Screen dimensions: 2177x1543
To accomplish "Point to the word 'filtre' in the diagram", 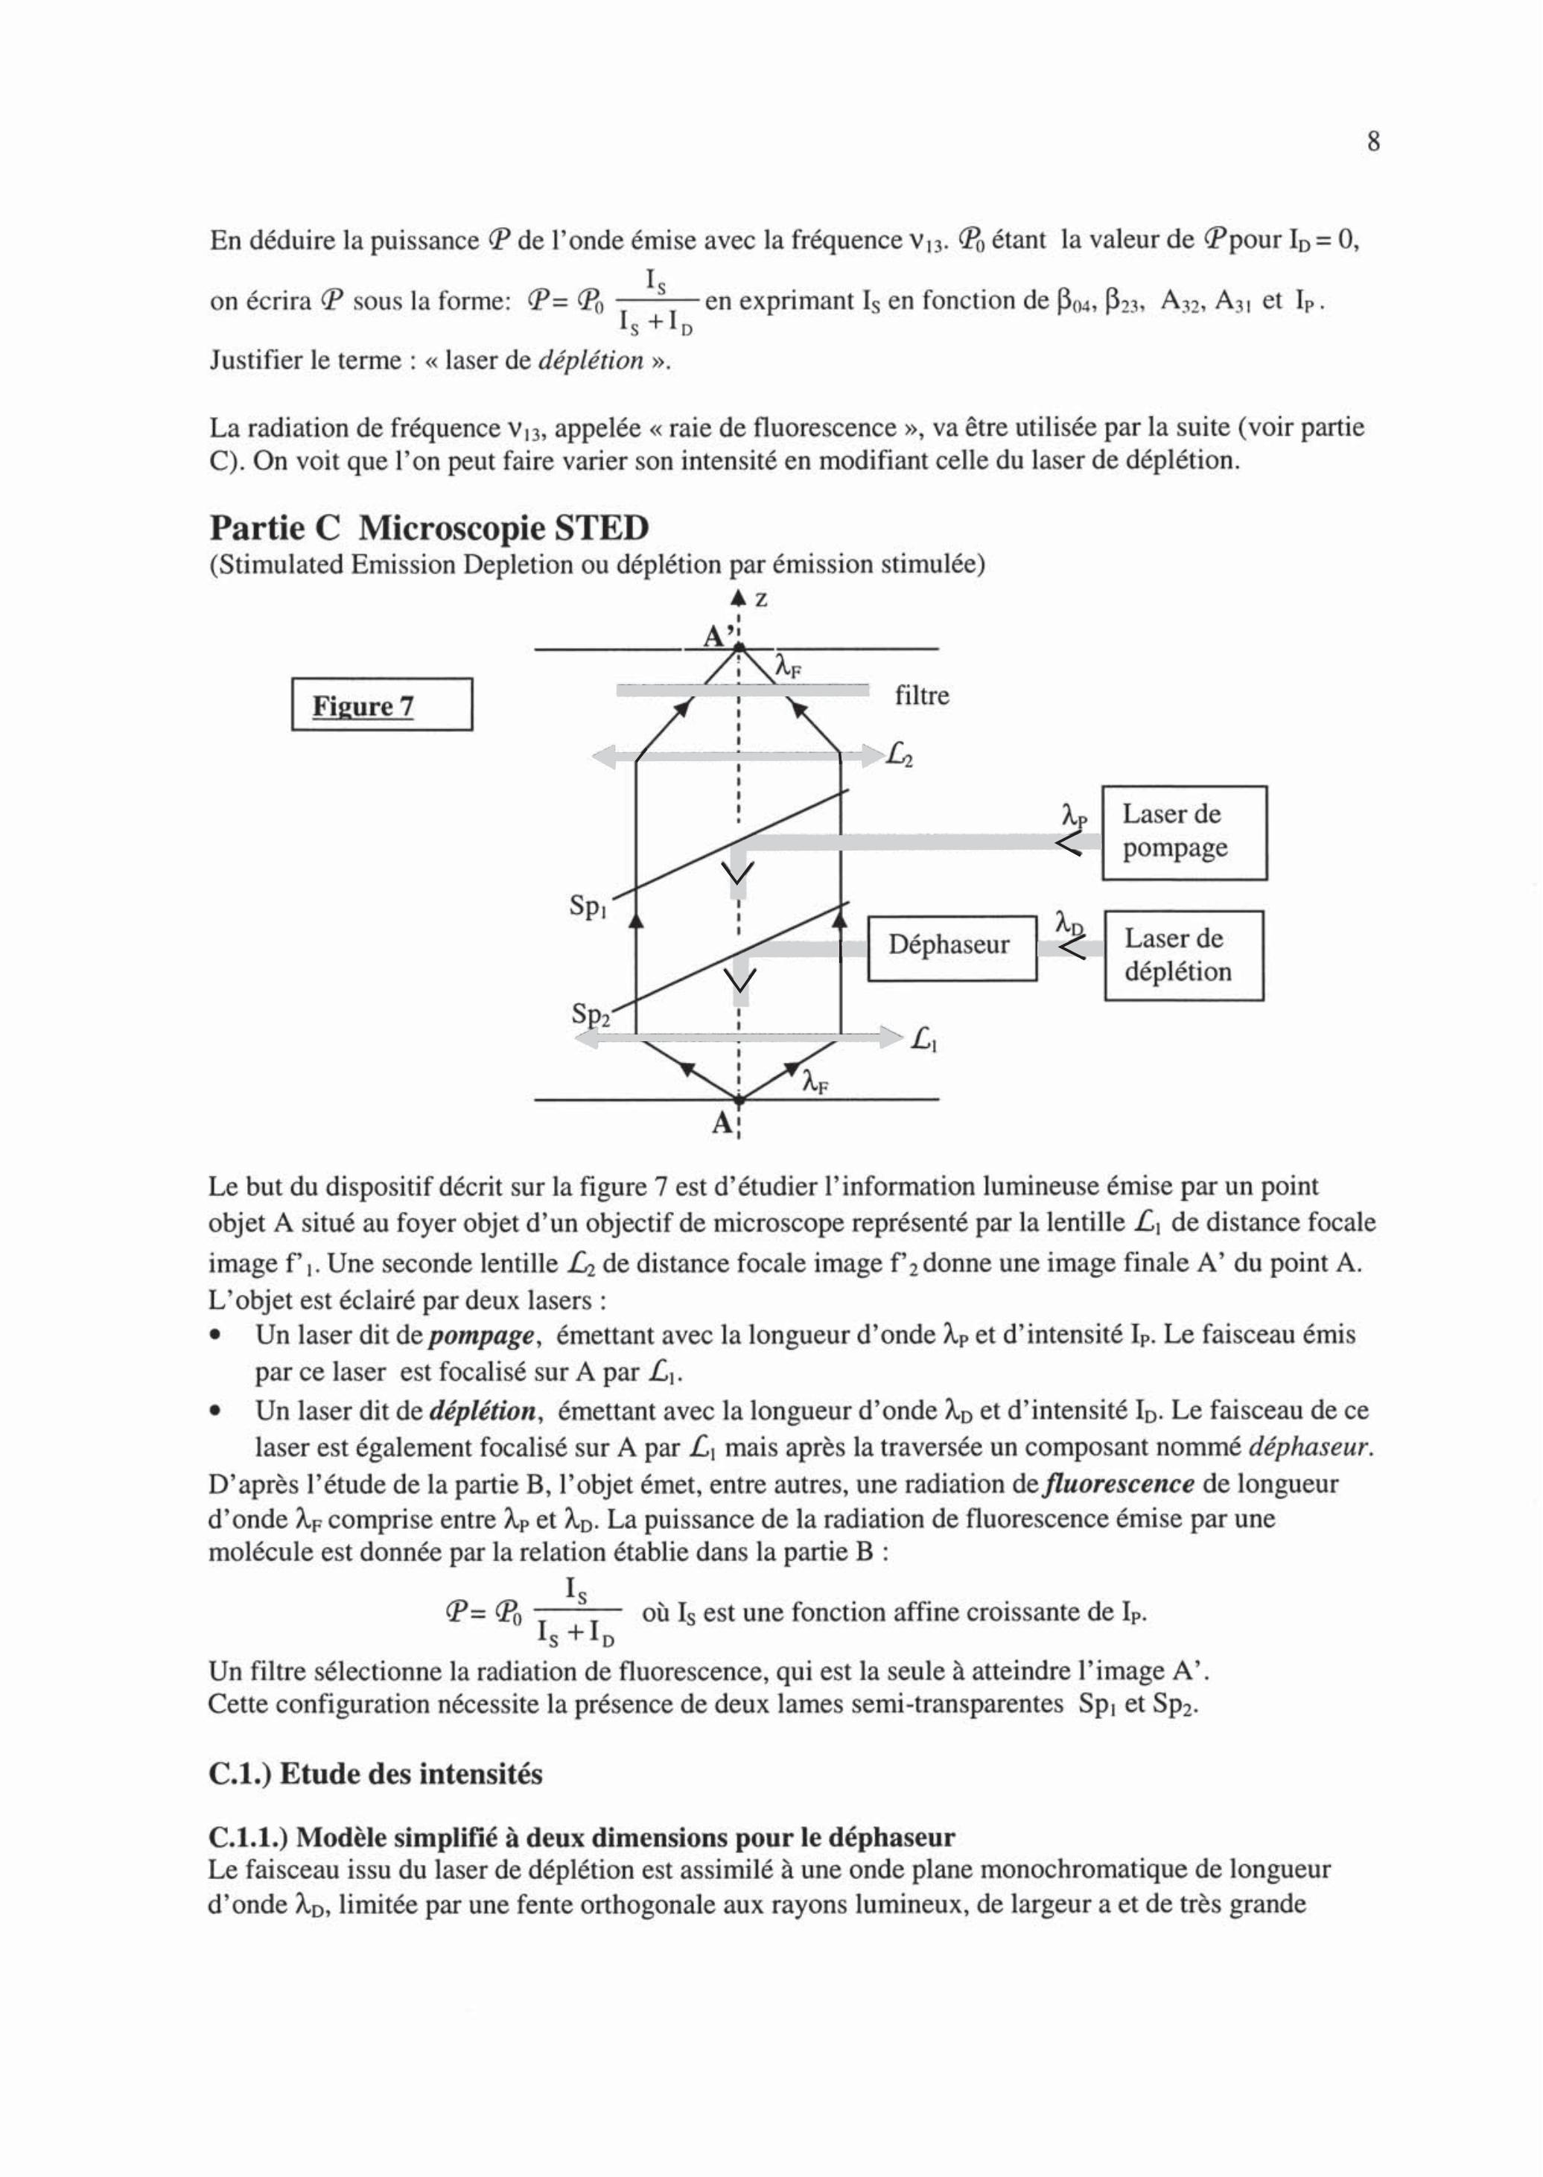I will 922,696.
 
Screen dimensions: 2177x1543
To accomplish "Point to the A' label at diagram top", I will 716,636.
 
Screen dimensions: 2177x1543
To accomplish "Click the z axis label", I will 761,600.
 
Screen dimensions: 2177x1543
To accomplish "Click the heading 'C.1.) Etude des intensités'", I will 375,1774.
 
